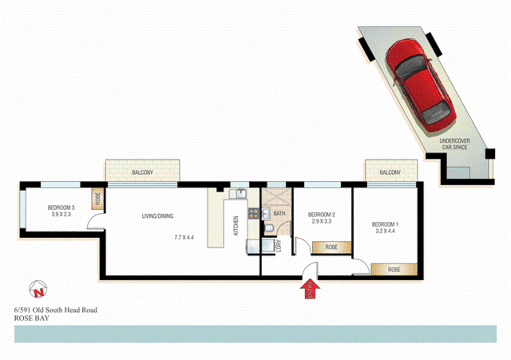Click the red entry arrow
pos(310,289)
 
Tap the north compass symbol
pos(38,289)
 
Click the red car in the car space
pos(420,85)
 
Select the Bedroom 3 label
pos(61,208)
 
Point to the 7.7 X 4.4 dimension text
pos(184,238)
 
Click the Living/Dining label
pos(158,216)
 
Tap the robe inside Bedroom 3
pos(98,199)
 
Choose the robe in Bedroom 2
pos(331,247)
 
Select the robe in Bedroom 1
pos(394,269)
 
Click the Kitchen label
pos(236,225)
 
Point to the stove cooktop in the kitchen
pos(253,213)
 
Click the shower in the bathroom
pos(276,198)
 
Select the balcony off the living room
pos(143,171)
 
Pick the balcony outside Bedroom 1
pos(391,171)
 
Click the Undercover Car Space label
pos(455,144)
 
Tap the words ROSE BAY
pos(32,318)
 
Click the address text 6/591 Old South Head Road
pos(56,310)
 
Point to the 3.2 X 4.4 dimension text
pos(385,231)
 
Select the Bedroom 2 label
pos(321,215)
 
